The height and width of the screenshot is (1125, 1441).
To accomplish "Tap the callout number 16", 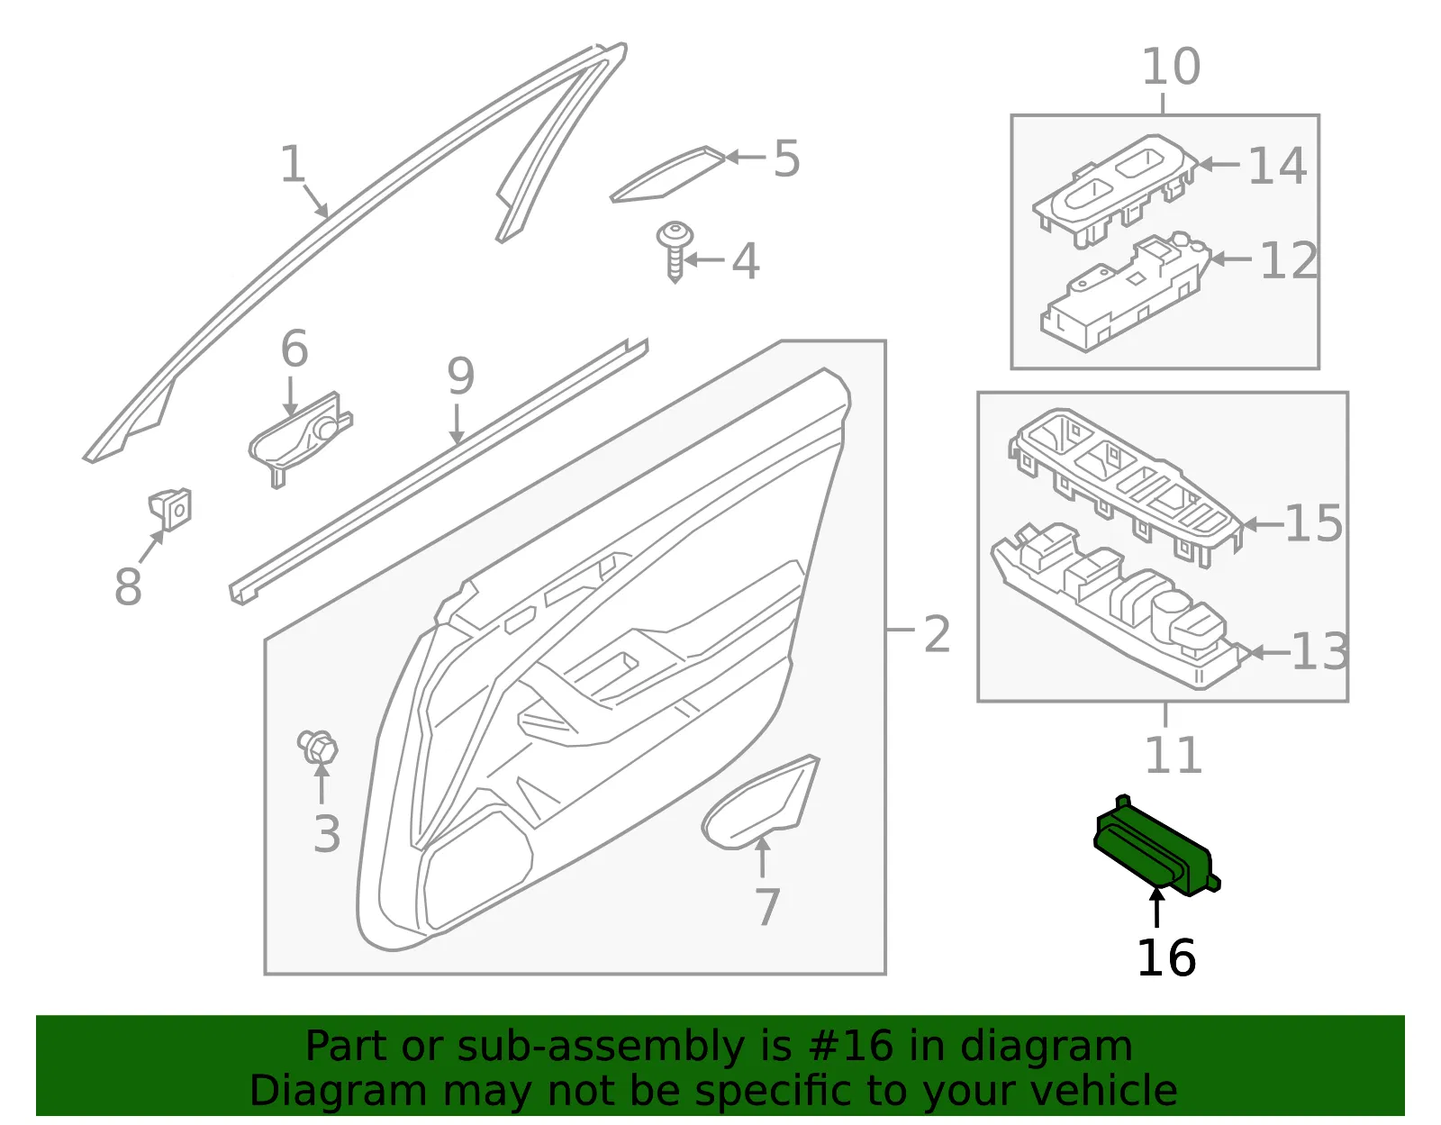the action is point(1166,958).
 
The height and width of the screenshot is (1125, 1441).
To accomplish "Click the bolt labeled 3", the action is point(318,747).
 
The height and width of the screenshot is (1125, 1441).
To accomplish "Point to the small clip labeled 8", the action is point(170,509).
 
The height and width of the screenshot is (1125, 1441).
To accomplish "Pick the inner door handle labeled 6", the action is point(301,438).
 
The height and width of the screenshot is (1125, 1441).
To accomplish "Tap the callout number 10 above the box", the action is point(1171,67).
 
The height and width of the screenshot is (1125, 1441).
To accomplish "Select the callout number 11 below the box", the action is point(1174,755).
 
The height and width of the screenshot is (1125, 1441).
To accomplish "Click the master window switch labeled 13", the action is point(1119,605).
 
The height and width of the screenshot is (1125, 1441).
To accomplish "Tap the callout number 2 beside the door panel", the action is point(937,634).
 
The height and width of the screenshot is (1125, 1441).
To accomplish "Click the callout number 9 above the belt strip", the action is point(461,376).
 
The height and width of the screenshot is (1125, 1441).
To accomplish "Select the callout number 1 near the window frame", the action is point(293,164).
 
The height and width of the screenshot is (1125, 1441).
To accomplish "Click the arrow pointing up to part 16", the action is point(1156,908).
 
